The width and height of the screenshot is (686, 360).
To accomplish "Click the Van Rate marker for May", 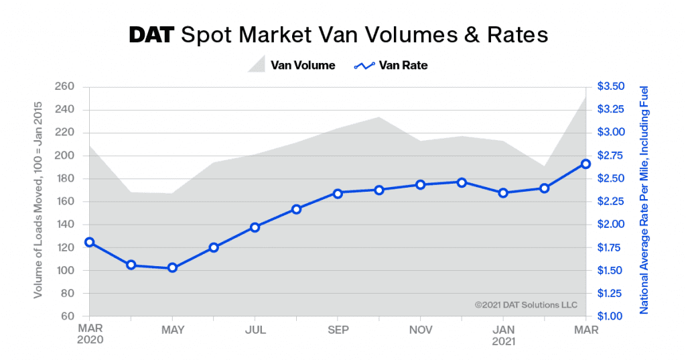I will (x=172, y=267).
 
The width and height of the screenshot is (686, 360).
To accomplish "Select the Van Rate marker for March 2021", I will (x=586, y=164).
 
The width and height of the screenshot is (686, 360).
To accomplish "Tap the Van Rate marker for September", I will (x=338, y=193).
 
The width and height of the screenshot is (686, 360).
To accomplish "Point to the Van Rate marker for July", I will (x=255, y=227).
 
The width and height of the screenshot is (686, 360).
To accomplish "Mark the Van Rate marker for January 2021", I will (x=503, y=192).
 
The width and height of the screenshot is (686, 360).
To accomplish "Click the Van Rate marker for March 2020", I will (x=89, y=242).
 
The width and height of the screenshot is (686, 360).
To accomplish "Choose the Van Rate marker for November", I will (x=420, y=184).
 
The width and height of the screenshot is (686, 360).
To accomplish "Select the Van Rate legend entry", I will (x=391, y=65).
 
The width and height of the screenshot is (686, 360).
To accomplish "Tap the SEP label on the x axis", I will (x=338, y=330).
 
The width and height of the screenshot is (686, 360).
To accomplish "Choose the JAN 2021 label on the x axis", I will (x=503, y=336).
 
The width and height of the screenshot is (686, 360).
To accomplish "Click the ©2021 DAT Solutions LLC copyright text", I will (x=526, y=305).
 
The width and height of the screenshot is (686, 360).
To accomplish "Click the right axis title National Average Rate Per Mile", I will (x=644, y=201).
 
